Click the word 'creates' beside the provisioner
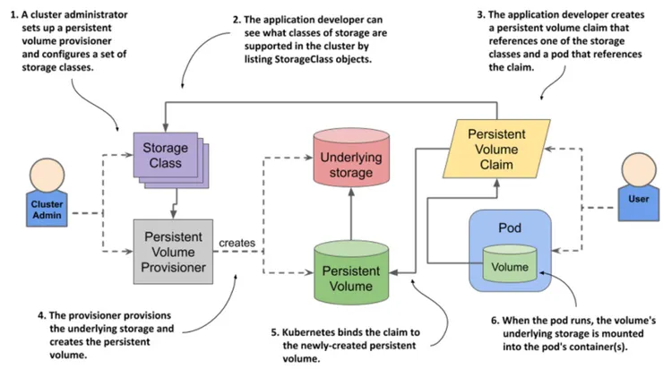(237, 243)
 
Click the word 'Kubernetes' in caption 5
(304, 332)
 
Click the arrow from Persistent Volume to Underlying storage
(349, 210)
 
